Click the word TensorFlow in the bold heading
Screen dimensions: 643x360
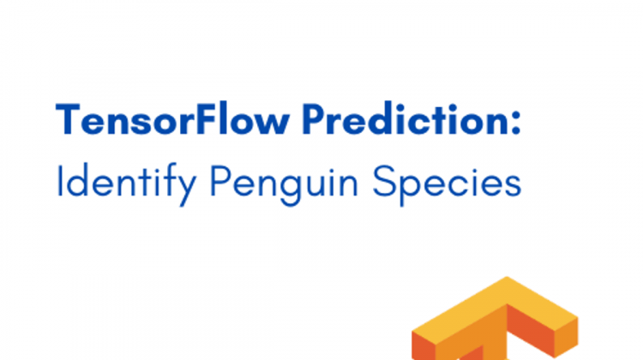[x=172, y=119]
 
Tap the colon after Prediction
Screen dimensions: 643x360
[x=516, y=123]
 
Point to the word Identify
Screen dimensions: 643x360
[x=126, y=184]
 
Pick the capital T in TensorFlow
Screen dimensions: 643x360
[x=68, y=119]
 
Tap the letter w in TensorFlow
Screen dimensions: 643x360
[x=272, y=124]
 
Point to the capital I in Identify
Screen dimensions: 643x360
[x=59, y=181]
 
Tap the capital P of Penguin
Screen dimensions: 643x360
[x=219, y=181]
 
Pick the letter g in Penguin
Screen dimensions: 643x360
[x=293, y=191]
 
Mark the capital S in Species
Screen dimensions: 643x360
[x=382, y=181]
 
